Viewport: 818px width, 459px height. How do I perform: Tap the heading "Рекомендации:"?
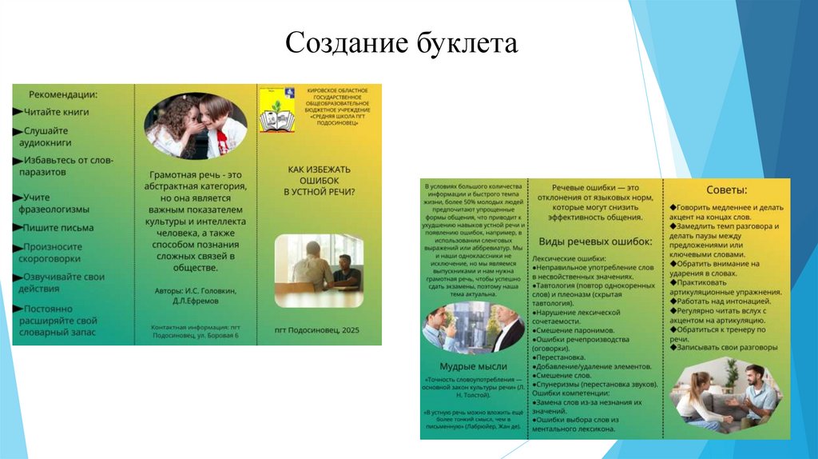click(63, 94)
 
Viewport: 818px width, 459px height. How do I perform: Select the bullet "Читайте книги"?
click(56, 112)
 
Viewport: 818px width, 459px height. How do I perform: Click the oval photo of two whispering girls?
click(196, 126)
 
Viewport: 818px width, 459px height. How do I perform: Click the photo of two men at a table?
click(319, 270)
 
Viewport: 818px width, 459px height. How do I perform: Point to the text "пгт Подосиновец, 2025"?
click(319, 330)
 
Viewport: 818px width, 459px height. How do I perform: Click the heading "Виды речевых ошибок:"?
click(595, 241)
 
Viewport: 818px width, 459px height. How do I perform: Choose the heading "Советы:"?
click(727, 190)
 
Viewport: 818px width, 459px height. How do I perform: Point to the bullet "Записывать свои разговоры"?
click(725, 348)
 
